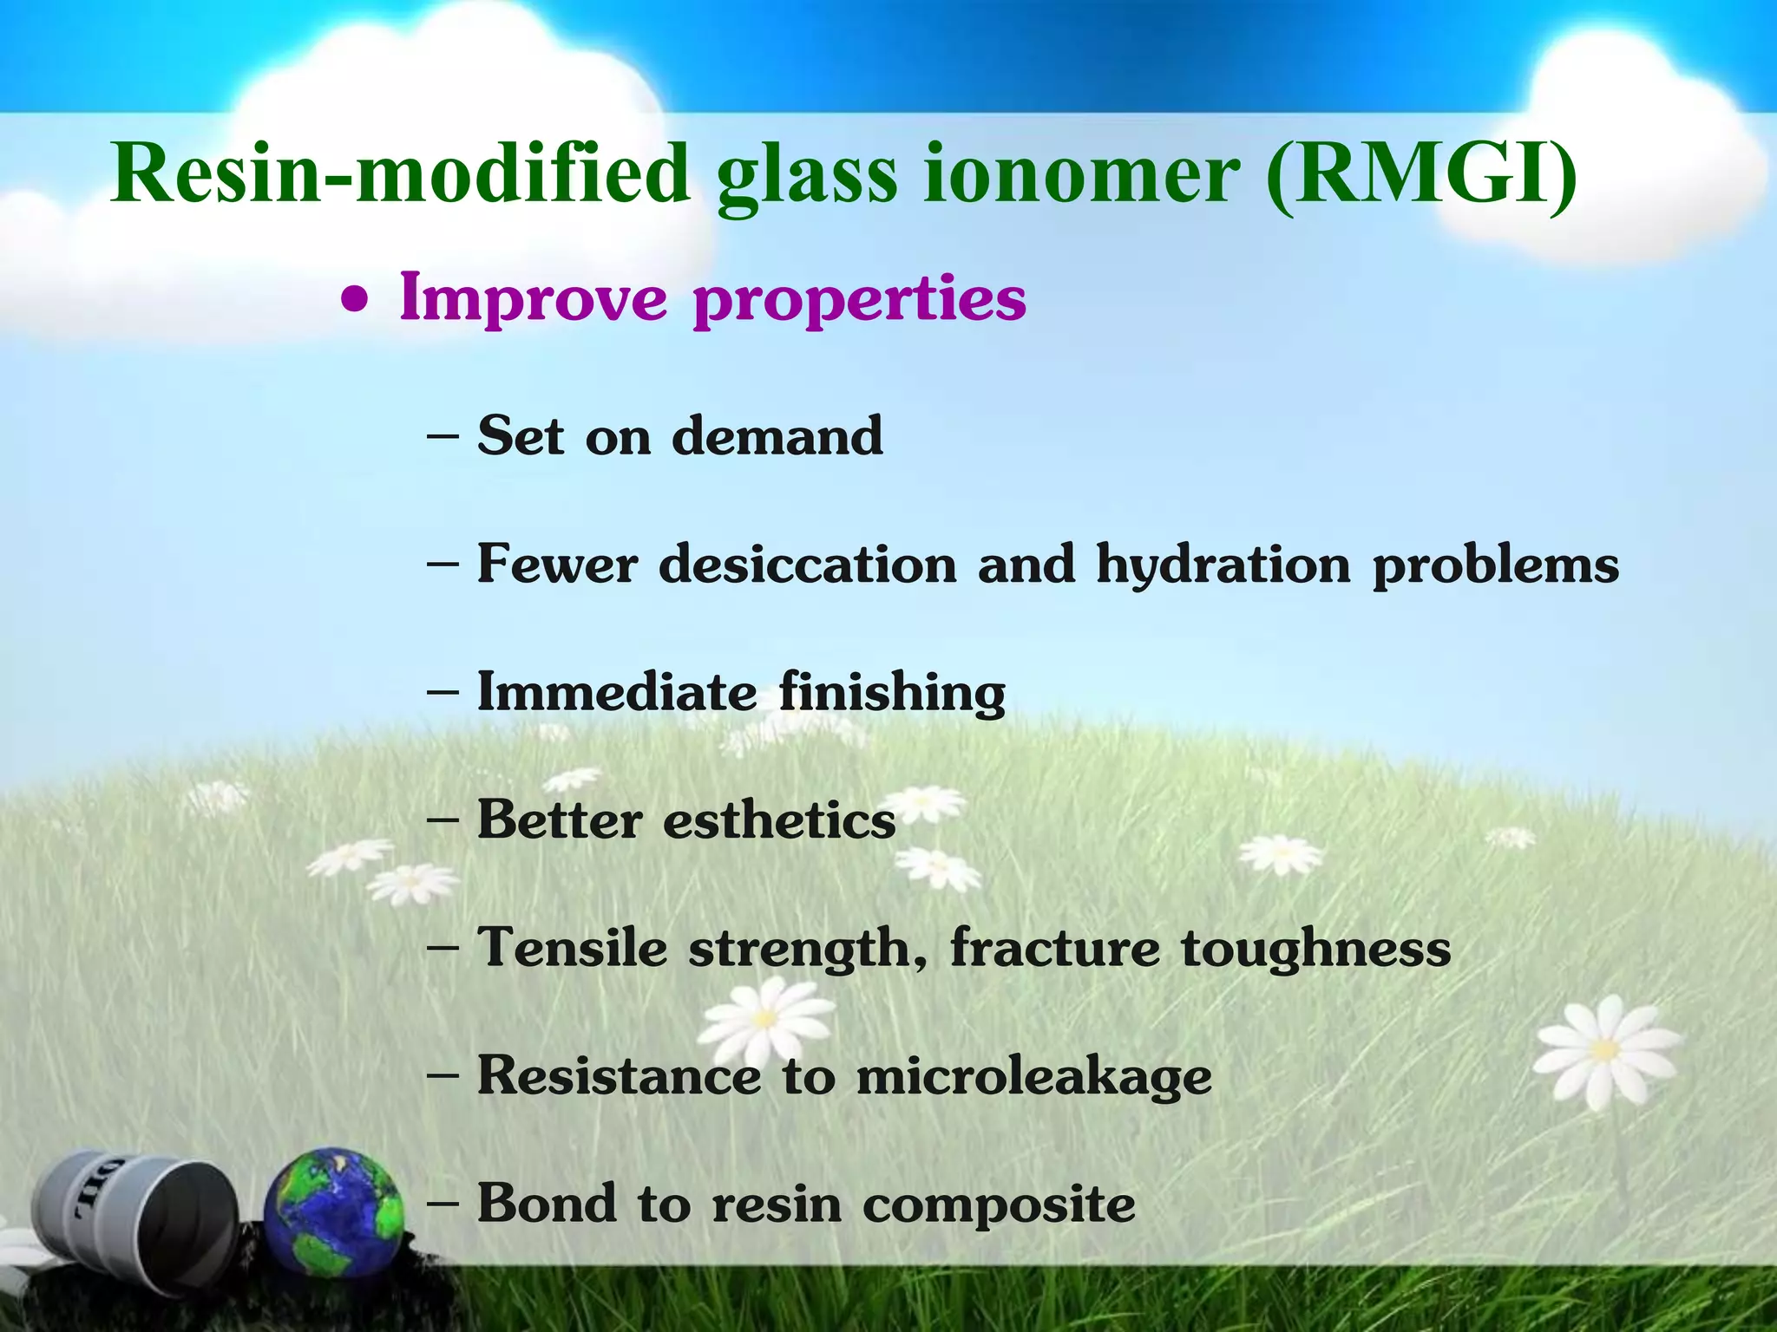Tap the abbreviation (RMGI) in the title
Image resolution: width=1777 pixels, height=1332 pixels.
[x=1420, y=173]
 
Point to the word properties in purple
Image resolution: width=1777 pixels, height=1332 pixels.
[x=860, y=299]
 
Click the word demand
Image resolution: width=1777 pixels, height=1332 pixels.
[x=777, y=435]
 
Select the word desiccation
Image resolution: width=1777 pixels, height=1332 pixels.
[x=807, y=564]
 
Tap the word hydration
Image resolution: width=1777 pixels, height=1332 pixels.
[x=1223, y=565]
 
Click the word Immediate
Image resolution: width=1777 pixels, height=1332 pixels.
[x=617, y=692]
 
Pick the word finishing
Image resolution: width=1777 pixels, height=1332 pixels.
[x=892, y=694]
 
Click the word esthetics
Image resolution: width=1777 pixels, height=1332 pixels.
[x=779, y=819]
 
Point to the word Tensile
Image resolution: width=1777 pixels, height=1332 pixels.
[x=573, y=947]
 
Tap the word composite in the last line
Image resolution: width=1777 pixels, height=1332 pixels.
[x=998, y=1205]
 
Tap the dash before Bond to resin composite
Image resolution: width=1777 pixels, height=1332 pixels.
[x=443, y=1204]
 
